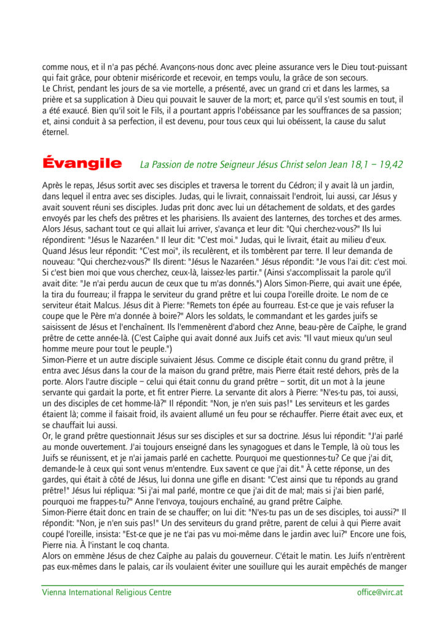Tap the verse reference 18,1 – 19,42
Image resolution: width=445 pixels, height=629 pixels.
pyautogui.click(x=369, y=165)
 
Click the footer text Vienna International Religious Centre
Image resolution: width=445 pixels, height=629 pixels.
pyautogui.click(x=107, y=593)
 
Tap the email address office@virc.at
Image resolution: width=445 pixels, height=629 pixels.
pyautogui.click(x=380, y=593)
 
